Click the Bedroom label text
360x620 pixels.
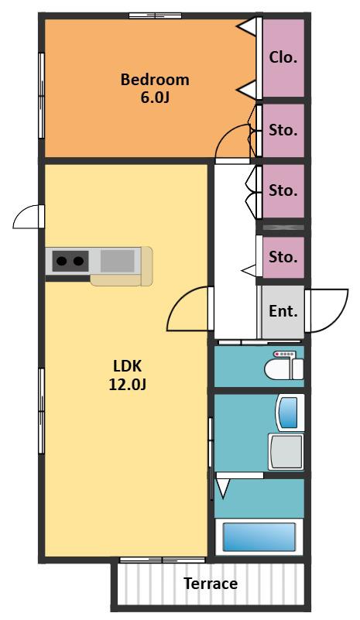[x=155, y=80]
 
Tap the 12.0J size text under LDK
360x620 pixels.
[x=128, y=385]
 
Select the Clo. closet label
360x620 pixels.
[x=283, y=58]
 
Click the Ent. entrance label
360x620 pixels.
[x=283, y=311]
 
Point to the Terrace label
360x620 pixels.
[x=211, y=584]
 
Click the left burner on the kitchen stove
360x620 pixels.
[x=62, y=261]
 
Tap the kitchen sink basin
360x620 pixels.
[x=117, y=261]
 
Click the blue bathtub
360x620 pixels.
[x=259, y=537]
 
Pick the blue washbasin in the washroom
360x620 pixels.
[x=289, y=413]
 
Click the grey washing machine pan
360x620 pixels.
[x=286, y=451]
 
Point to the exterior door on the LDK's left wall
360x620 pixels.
[x=29, y=216]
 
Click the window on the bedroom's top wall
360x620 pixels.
[x=155, y=15]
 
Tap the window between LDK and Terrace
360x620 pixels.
[x=163, y=560]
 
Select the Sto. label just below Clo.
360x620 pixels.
[x=283, y=130]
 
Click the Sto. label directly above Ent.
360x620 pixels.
[x=283, y=258]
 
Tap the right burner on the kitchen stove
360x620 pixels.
[x=78, y=261]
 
